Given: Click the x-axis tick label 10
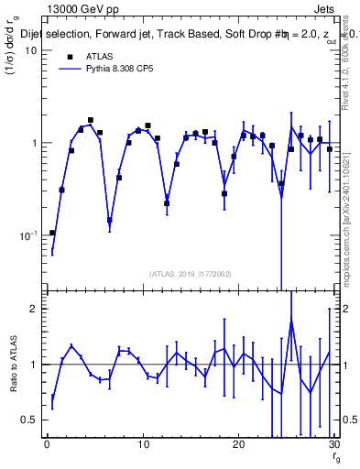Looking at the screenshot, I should pyautogui.click(x=142, y=445).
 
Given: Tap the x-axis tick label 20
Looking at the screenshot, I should pyautogui.click(x=238, y=445).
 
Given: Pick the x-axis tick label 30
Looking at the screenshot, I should pyautogui.click(x=333, y=445).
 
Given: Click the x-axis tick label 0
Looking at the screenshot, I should pyautogui.click(x=47, y=445).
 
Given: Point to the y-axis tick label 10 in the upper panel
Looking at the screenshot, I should pyautogui.click(x=30, y=51).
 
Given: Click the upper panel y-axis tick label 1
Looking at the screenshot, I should pyautogui.click(x=34, y=144).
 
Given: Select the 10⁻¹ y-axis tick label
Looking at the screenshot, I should pyautogui.click(x=28, y=235).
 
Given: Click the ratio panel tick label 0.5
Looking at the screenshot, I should pyautogui.click(x=29, y=420).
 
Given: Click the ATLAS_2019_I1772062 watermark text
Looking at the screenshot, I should pyautogui.click(x=190, y=273).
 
